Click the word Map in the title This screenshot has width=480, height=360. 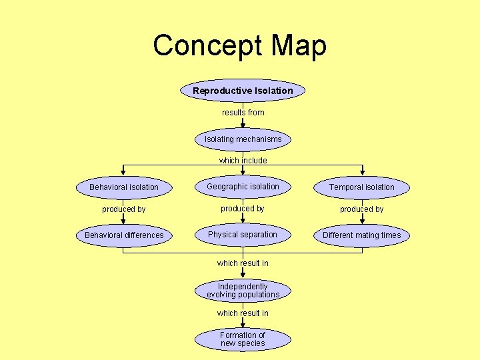[x=299, y=46]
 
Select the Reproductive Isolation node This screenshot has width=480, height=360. [x=243, y=91]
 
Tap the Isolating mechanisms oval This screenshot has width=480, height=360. [x=243, y=139]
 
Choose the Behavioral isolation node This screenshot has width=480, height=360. [x=124, y=187]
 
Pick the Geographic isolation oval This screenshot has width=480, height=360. [x=243, y=187]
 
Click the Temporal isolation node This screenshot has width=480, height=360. [x=361, y=187]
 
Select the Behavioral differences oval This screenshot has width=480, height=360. [x=124, y=235]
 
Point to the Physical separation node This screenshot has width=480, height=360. [x=243, y=235]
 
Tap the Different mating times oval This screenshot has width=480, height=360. [x=361, y=235]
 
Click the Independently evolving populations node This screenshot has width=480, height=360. [x=243, y=291]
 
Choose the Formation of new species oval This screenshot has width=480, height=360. [x=243, y=339]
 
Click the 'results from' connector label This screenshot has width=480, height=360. [x=243, y=113]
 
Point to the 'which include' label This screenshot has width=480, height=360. [x=243, y=161]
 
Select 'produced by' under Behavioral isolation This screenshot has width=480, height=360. [x=124, y=209]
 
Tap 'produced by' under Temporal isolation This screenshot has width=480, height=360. [x=361, y=209]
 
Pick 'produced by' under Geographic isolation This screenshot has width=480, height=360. [x=243, y=209]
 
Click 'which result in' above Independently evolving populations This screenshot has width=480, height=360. [x=243, y=263]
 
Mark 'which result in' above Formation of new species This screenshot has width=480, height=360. [x=243, y=313]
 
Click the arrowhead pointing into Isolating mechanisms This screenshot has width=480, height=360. [x=243, y=125]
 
